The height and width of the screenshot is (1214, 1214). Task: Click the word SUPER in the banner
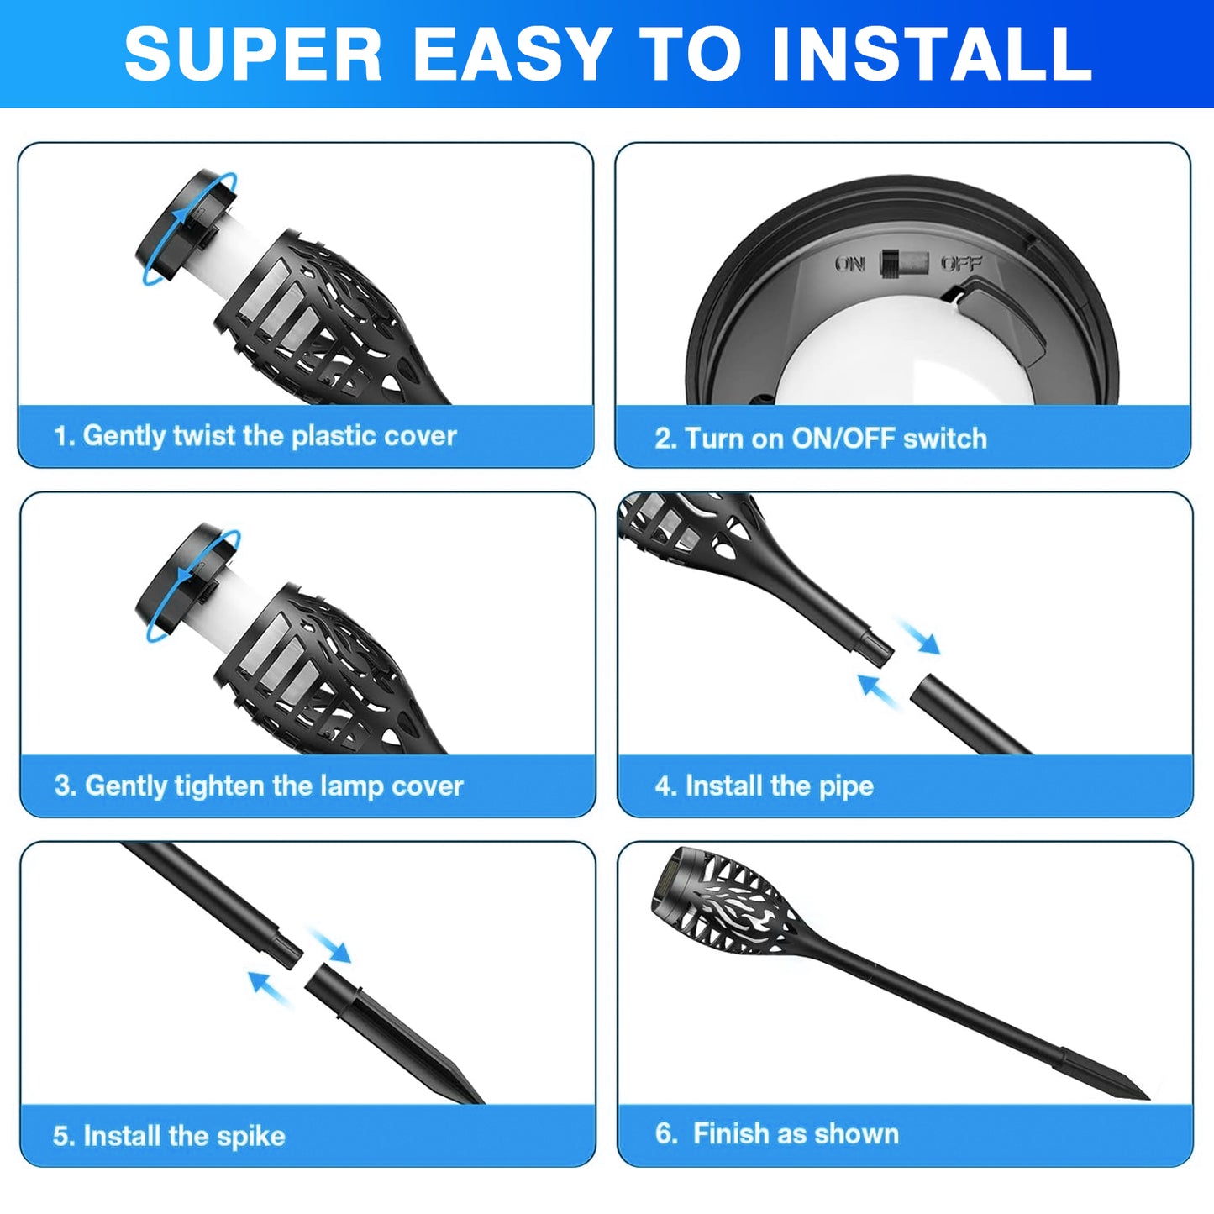pyautogui.click(x=253, y=54)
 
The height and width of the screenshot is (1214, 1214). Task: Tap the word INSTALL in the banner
pyautogui.click(x=932, y=54)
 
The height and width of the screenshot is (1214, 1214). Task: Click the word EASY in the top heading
pyautogui.click(x=513, y=54)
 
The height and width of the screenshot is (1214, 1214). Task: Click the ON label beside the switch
pyautogui.click(x=850, y=264)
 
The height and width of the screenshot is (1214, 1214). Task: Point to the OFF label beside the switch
pyautogui.click(x=961, y=263)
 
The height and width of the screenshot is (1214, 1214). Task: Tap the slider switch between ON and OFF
pyautogui.click(x=905, y=263)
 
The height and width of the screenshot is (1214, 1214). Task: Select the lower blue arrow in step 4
pyautogui.click(x=879, y=691)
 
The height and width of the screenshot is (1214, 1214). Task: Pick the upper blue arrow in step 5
pyautogui.click(x=328, y=945)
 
